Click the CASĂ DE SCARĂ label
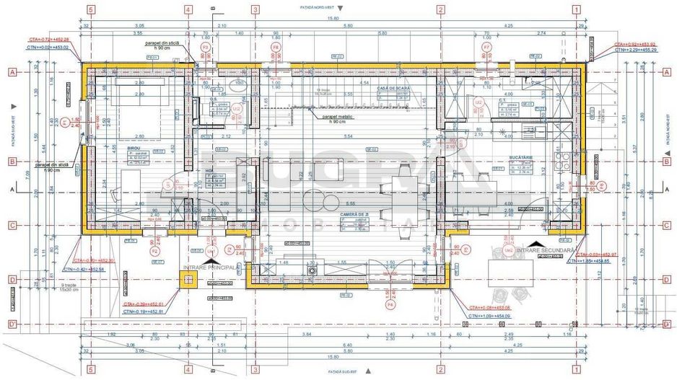(398, 87)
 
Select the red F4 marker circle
(390, 304)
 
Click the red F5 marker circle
(154, 252)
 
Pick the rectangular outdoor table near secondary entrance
(511, 272)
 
